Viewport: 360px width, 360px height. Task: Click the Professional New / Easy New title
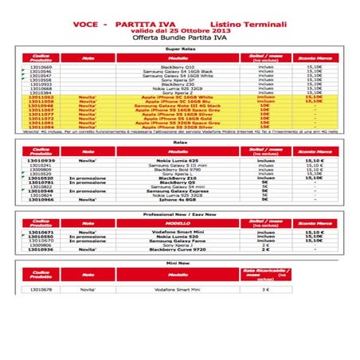(x=180, y=216)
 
